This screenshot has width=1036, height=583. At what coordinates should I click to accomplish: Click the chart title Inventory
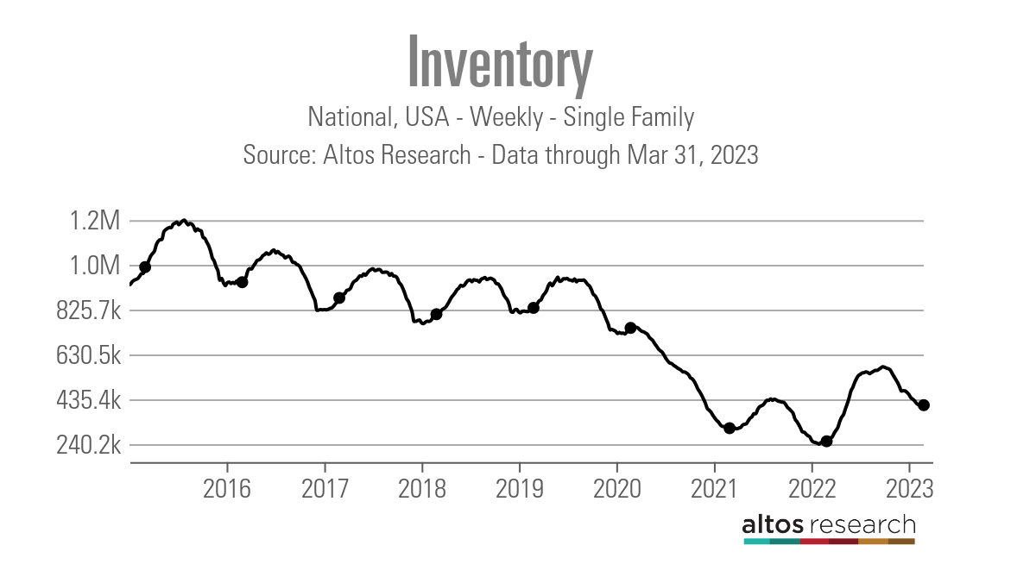[x=500, y=62]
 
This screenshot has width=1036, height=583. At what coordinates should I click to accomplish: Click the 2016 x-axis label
[x=226, y=488]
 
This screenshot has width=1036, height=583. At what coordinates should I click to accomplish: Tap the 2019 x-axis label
[x=519, y=488]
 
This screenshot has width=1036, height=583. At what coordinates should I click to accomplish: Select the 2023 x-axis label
[x=909, y=488]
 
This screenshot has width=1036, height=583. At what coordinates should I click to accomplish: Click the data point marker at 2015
[x=145, y=267]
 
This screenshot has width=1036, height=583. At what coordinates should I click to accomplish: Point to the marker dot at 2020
[x=630, y=328]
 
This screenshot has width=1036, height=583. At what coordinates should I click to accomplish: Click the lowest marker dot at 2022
[x=826, y=441]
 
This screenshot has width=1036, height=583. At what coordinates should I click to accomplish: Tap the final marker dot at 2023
[x=923, y=405]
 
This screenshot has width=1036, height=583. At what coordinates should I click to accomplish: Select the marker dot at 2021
[x=730, y=428]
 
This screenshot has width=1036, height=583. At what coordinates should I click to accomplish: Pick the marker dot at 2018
[x=436, y=314]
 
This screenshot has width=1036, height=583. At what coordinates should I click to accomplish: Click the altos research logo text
[x=829, y=524]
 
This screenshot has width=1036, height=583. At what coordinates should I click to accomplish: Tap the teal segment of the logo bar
[x=756, y=542]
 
